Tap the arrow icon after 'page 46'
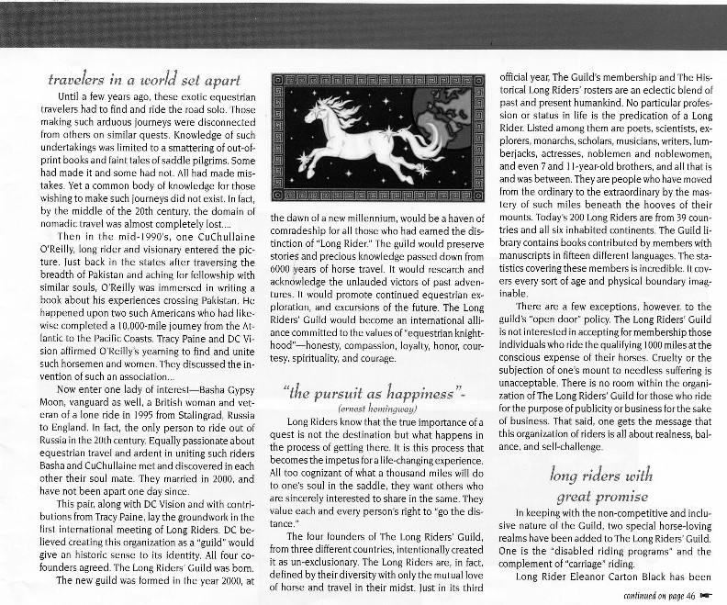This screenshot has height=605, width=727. (x=707, y=594)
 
